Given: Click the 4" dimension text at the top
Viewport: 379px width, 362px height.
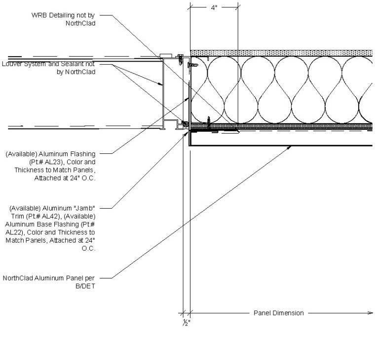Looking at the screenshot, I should click(214, 8).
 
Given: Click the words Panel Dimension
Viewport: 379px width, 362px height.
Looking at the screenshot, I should click(278, 313).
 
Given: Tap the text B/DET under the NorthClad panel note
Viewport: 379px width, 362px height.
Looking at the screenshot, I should click(84, 286).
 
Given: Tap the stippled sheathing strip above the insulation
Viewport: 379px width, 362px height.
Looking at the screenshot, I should click(281, 53).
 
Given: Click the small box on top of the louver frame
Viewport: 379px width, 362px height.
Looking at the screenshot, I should click(164, 56).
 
